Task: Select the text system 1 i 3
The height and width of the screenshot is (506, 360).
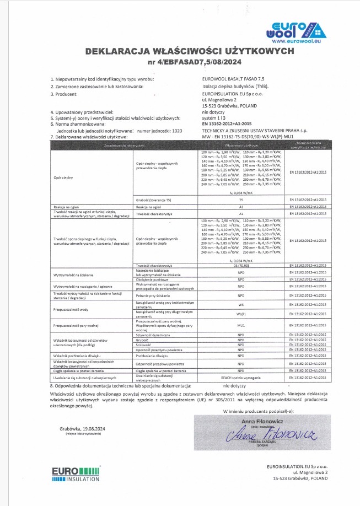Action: (x=214, y=118)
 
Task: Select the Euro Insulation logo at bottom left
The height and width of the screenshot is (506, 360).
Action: (x=76, y=475)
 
